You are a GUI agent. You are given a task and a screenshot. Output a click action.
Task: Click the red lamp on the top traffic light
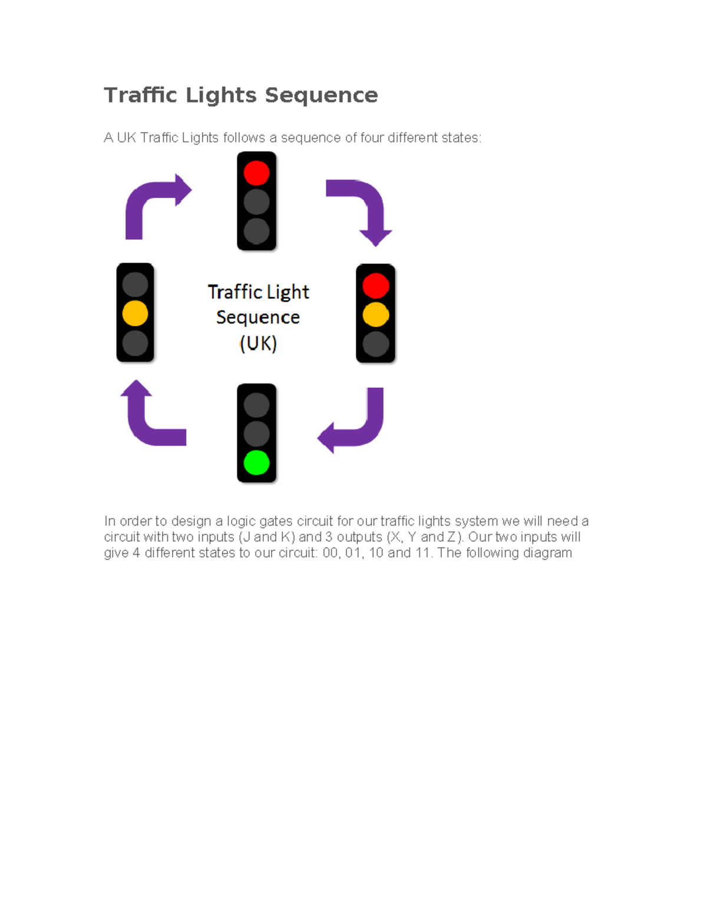pos(256,173)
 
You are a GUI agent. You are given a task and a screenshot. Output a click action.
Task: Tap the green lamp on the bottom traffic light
pos(256,463)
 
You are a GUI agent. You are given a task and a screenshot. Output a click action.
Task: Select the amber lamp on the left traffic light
pos(135,313)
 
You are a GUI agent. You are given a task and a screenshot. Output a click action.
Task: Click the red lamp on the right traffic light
pos(376,286)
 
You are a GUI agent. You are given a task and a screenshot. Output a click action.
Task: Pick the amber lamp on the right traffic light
pos(376,315)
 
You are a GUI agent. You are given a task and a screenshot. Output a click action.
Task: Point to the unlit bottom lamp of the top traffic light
pos(256,231)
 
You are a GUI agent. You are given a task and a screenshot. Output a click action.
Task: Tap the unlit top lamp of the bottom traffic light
pos(256,405)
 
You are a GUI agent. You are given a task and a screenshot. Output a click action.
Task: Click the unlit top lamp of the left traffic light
pos(135,284)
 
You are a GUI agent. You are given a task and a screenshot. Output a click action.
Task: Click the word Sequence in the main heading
pos(321,95)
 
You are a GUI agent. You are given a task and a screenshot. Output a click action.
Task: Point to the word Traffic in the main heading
pos(141,95)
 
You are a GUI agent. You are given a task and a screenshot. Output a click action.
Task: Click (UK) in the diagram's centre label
pos(258,343)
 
